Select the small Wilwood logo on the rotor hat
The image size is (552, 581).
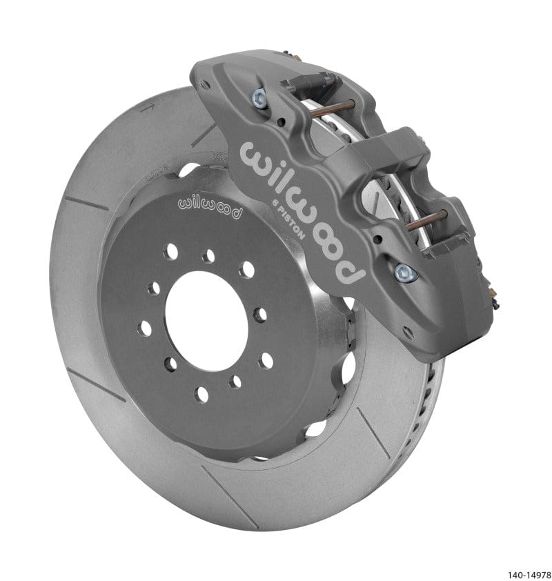210,205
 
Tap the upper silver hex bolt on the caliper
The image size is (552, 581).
262,97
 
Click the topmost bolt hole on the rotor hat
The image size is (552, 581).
208,257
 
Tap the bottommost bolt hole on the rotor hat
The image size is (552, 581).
201,394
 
